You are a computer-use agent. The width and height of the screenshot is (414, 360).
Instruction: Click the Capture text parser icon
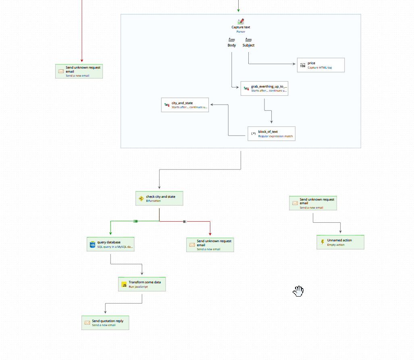241,22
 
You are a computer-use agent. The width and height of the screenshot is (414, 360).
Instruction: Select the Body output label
232,45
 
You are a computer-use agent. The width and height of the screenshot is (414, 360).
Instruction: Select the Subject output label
248,45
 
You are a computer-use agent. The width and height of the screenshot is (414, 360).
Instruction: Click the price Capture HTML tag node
320,65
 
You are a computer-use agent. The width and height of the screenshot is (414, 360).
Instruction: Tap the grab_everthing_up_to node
264,88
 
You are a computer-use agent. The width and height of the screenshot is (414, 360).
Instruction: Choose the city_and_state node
185,105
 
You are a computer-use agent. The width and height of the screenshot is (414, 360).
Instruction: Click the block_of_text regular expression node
271,134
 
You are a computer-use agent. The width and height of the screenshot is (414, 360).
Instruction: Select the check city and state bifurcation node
159,198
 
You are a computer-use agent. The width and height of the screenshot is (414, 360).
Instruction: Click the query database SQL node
110,244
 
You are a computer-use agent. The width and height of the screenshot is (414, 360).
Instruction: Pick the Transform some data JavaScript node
142,284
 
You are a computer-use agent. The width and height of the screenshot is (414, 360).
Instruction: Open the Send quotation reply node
105,323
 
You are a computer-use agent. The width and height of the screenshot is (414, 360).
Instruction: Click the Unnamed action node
340,242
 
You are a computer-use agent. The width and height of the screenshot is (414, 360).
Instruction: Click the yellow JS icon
124,285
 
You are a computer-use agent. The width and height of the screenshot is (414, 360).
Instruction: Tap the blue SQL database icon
92,244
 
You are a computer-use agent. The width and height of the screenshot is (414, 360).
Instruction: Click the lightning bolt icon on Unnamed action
322,242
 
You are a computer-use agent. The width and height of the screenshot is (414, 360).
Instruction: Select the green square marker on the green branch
135,221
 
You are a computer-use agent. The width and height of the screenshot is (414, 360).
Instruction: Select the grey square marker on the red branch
185,221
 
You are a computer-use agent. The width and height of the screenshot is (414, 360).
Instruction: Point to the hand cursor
298,291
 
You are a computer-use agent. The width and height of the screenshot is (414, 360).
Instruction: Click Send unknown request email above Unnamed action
313,203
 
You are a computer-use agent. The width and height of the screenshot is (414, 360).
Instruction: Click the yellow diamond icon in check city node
141,199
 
